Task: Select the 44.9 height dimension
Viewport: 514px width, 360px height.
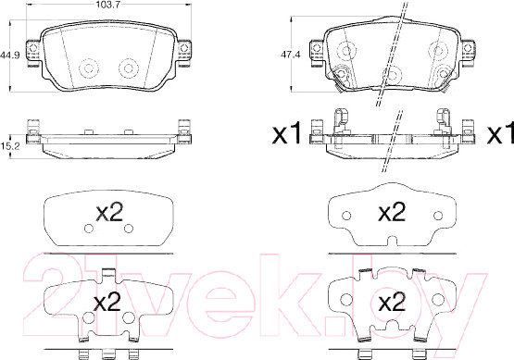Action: pyautogui.click(x=10, y=55)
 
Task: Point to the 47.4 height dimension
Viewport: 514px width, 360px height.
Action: pyautogui.click(x=291, y=55)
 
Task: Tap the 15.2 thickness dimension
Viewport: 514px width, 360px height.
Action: pyautogui.click(x=10, y=146)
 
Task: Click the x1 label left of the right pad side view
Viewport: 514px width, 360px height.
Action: pyautogui.click(x=287, y=133)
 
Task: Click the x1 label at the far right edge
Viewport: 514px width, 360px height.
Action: pyautogui.click(x=500, y=133)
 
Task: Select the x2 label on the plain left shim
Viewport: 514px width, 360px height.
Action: pyautogui.click(x=109, y=212)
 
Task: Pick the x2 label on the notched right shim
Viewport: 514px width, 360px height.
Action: pyautogui.click(x=392, y=212)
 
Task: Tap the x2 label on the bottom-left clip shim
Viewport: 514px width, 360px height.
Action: pyautogui.click(x=107, y=302)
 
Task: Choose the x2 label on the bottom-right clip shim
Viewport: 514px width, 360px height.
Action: pyautogui.click(x=392, y=302)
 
